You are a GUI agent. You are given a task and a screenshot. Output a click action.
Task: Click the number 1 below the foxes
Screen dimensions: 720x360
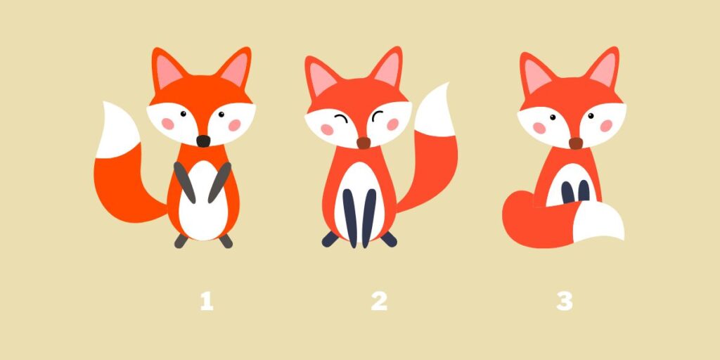[x=207, y=302]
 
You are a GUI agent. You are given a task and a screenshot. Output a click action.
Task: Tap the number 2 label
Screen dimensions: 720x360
[x=379, y=302]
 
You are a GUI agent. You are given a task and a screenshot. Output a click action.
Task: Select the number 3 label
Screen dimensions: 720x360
[x=565, y=302]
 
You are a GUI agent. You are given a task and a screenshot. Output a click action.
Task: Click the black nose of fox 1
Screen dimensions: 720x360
[x=203, y=141]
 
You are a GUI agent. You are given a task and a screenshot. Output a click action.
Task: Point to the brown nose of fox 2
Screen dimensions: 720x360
[x=364, y=143]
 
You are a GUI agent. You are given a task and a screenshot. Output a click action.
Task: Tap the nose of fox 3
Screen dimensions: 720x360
[x=576, y=143]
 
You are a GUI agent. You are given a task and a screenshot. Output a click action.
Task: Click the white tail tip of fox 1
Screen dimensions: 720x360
[x=118, y=131]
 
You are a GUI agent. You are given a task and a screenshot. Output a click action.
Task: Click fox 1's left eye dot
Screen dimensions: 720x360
[x=184, y=113]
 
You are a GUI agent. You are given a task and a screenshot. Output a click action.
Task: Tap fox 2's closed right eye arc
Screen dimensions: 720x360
[x=378, y=116]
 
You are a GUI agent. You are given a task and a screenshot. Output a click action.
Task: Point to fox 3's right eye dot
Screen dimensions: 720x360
[x=591, y=116]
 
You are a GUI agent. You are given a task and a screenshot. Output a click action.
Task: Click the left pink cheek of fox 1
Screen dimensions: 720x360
[x=168, y=124]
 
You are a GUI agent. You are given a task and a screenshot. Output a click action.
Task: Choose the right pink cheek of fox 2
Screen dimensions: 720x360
[x=392, y=124]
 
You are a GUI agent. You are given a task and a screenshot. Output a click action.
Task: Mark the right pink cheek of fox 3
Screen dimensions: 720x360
[x=606, y=126]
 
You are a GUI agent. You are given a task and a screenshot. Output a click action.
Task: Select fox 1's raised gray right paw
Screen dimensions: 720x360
[x=219, y=182]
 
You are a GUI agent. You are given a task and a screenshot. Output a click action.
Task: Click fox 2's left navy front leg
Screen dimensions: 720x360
[x=350, y=217]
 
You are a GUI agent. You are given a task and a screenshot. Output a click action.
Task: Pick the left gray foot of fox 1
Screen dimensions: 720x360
[x=181, y=241]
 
